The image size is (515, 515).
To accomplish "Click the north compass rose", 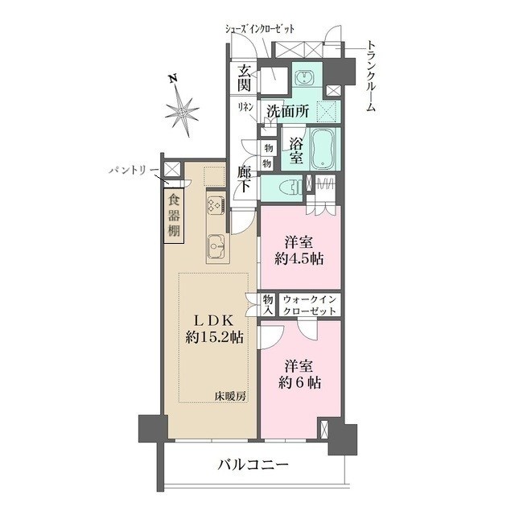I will click(184, 110).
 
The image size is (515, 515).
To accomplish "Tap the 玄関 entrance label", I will click(245, 78).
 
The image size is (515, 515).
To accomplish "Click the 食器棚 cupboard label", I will click(175, 217).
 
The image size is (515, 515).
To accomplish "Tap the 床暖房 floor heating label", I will click(229, 395).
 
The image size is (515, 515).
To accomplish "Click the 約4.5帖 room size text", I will click(299, 258).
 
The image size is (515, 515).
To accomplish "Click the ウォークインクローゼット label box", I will click(311, 304).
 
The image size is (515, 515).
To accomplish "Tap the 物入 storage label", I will click(268, 304).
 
